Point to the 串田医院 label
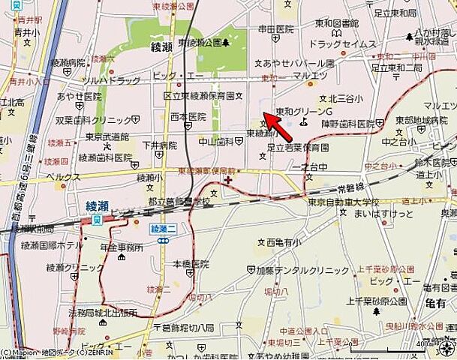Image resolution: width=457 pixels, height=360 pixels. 276,29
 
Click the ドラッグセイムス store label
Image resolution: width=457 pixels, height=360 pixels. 341,45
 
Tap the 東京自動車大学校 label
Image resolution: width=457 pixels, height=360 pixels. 343,202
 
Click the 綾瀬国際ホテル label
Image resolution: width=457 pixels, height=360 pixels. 56,245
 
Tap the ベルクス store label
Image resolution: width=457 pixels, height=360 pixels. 63,177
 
